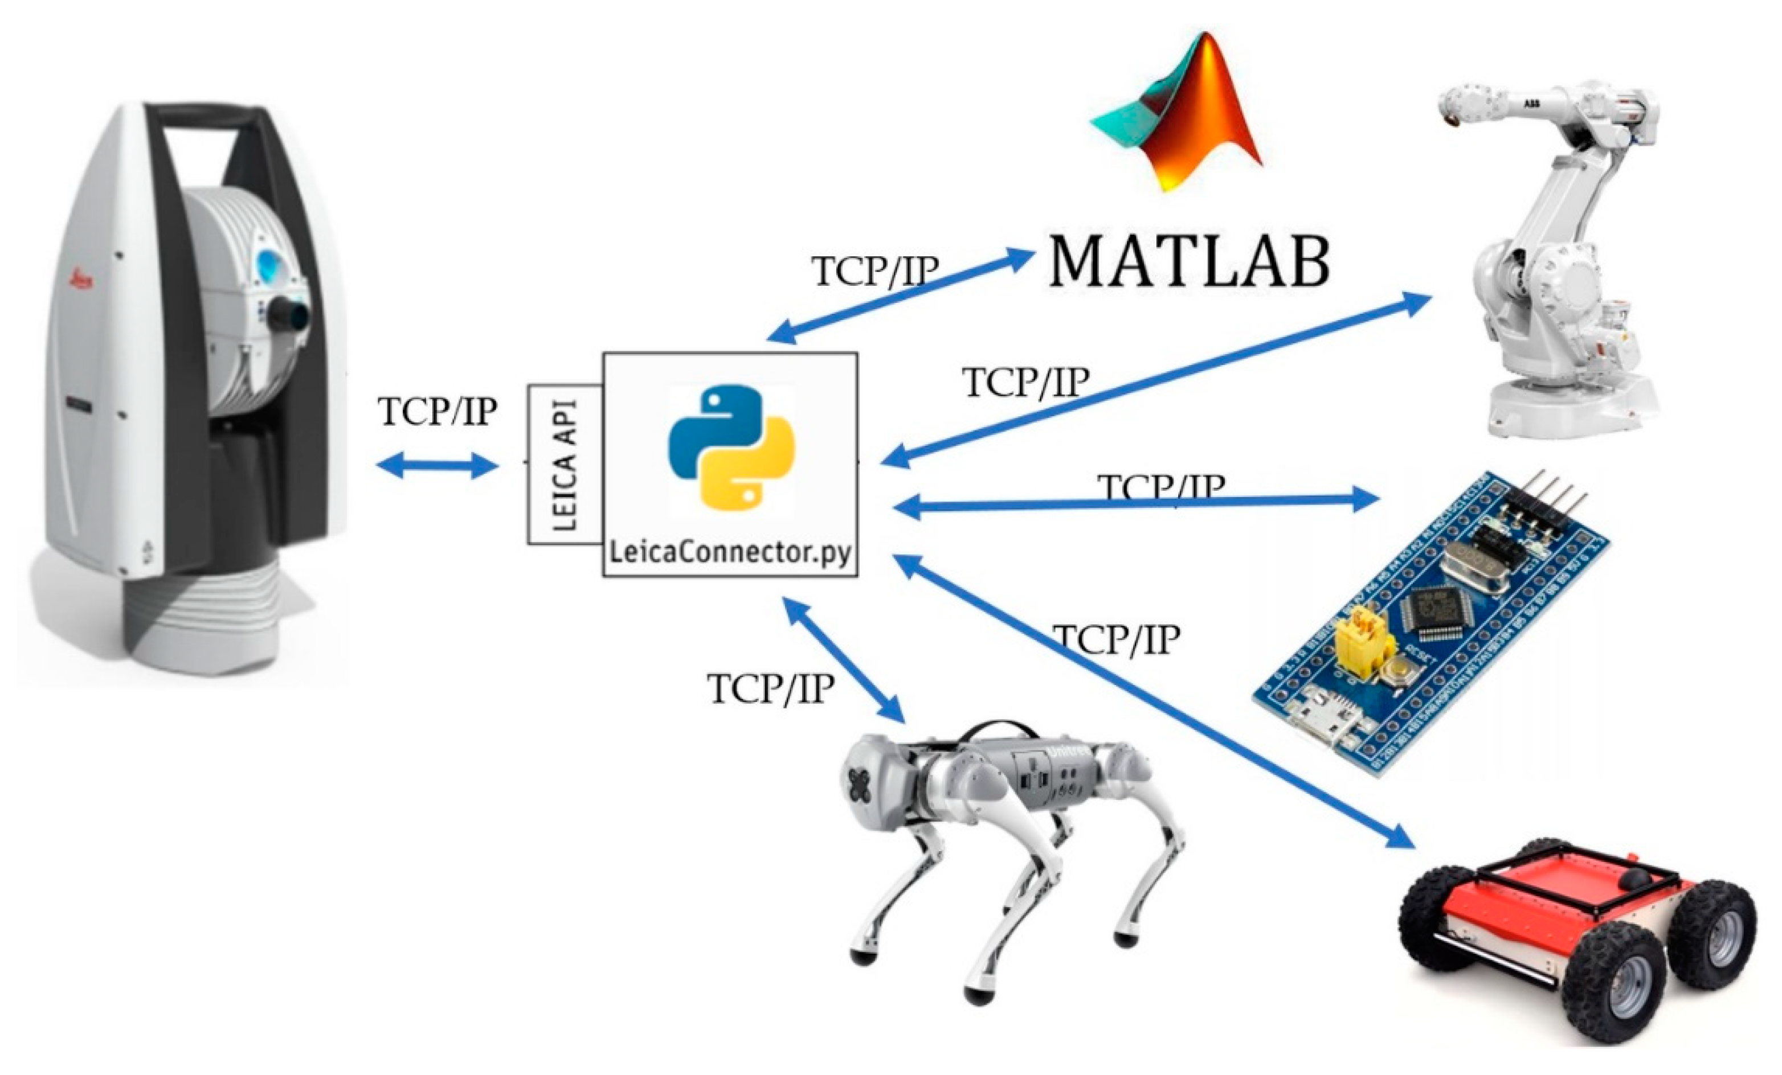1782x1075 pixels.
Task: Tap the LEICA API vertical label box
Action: tap(565, 465)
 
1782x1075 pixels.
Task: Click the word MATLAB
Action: tap(1188, 262)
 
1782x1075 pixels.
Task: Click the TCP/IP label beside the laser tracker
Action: tap(437, 411)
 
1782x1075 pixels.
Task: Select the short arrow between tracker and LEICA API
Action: tap(438, 466)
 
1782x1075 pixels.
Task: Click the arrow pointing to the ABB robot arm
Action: tap(1157, 380)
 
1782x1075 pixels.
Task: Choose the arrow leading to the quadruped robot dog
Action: tap(843, 659)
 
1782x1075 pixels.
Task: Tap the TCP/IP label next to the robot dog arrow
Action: tap(770, 688)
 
